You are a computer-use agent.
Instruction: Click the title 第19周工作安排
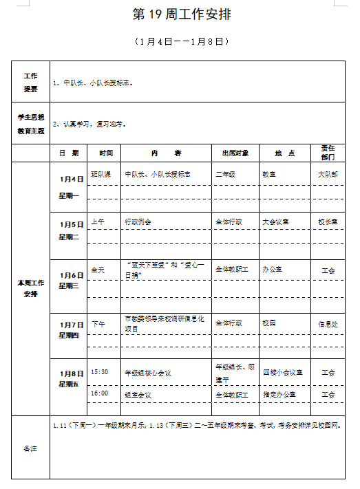pos(181,15)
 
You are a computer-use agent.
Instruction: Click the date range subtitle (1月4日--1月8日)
pos(181,42)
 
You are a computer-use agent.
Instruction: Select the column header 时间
pos(105,153)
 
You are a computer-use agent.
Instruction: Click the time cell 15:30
pos(100,372)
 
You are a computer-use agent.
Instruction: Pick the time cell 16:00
pos(100,394)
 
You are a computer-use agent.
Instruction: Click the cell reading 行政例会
pos(138,222)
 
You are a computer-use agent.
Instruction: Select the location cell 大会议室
pos(275,222)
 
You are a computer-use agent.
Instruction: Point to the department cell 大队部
pos(328,175)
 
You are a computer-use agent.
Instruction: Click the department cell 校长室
pos(328,222)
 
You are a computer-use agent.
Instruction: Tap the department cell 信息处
pos(328,323)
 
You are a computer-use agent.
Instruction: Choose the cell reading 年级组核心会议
pos(147,373)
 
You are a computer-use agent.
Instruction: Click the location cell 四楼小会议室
pos(283,373)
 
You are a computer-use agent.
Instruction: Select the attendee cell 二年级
pos(226,175)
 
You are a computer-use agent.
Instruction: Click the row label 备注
pos(30,448)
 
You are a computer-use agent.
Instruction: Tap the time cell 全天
pos(98,270)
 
